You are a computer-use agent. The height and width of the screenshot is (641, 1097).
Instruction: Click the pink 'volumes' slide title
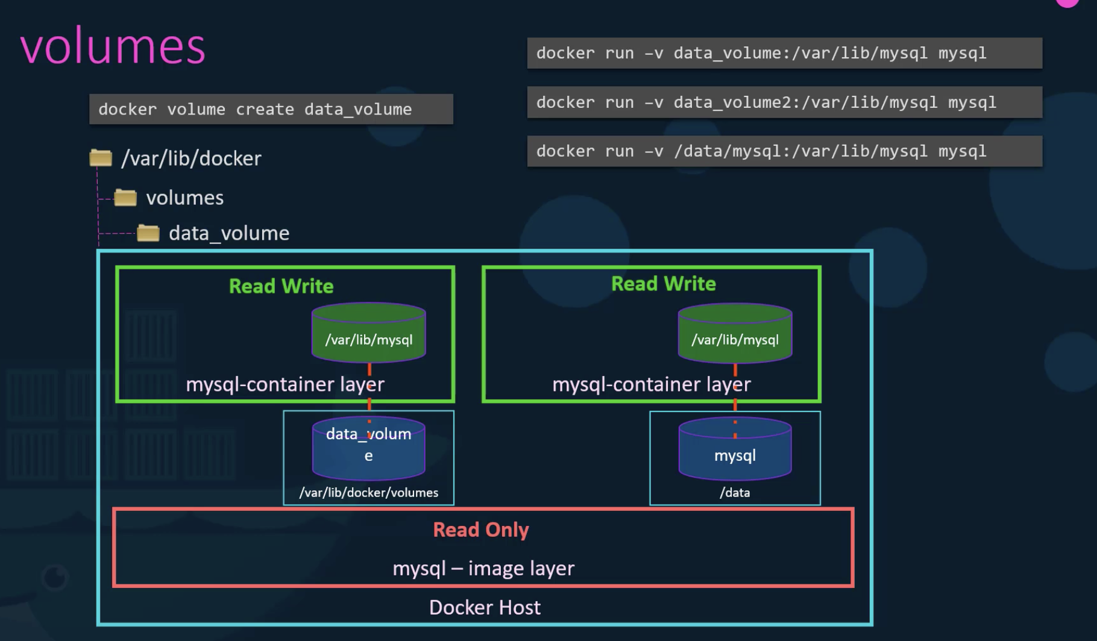click(x=113, y=47)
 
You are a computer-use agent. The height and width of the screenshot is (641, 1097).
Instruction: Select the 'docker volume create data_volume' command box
click(x=271, y=109)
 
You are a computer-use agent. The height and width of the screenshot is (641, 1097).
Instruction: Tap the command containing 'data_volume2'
click(x=785, y=102)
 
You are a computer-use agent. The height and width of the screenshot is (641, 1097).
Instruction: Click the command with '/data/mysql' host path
click(x=785, y=151)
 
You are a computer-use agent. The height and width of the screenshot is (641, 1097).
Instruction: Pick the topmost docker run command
click(x=785, y=53)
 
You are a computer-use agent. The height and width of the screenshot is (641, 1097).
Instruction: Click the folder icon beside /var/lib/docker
click(x=101, y=158)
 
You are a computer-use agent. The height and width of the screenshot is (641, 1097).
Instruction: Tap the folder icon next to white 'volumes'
click(x=125, y=197)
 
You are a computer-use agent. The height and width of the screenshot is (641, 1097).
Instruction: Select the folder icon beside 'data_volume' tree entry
click(x=148, y=233)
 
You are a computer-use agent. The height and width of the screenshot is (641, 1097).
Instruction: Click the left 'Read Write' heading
click(x=281, y=286)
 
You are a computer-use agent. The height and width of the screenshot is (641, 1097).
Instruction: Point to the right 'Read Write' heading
click(x=664, y=284)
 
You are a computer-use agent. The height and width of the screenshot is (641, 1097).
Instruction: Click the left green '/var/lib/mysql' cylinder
click(x=369, y=333)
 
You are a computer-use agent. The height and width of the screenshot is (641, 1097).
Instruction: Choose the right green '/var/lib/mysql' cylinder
click(x=735, y=333)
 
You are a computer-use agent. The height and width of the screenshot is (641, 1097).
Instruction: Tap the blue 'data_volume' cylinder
click(x=369, y=449)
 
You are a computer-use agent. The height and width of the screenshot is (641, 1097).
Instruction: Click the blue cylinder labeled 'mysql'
click(x=735, y=449)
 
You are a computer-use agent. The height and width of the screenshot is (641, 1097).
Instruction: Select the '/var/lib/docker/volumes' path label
click(x=369, y=493)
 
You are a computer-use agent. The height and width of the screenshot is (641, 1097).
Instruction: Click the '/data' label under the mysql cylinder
click(x=735, y=493)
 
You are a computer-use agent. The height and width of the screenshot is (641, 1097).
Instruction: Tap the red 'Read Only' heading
click(x=481, y=530)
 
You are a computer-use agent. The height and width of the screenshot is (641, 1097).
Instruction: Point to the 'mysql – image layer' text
click(x=483, y=568)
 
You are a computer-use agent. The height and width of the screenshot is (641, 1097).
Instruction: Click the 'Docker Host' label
click(x=485, y=607)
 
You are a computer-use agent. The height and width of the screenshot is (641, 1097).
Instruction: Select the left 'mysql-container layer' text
click(x=285, y=384)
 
